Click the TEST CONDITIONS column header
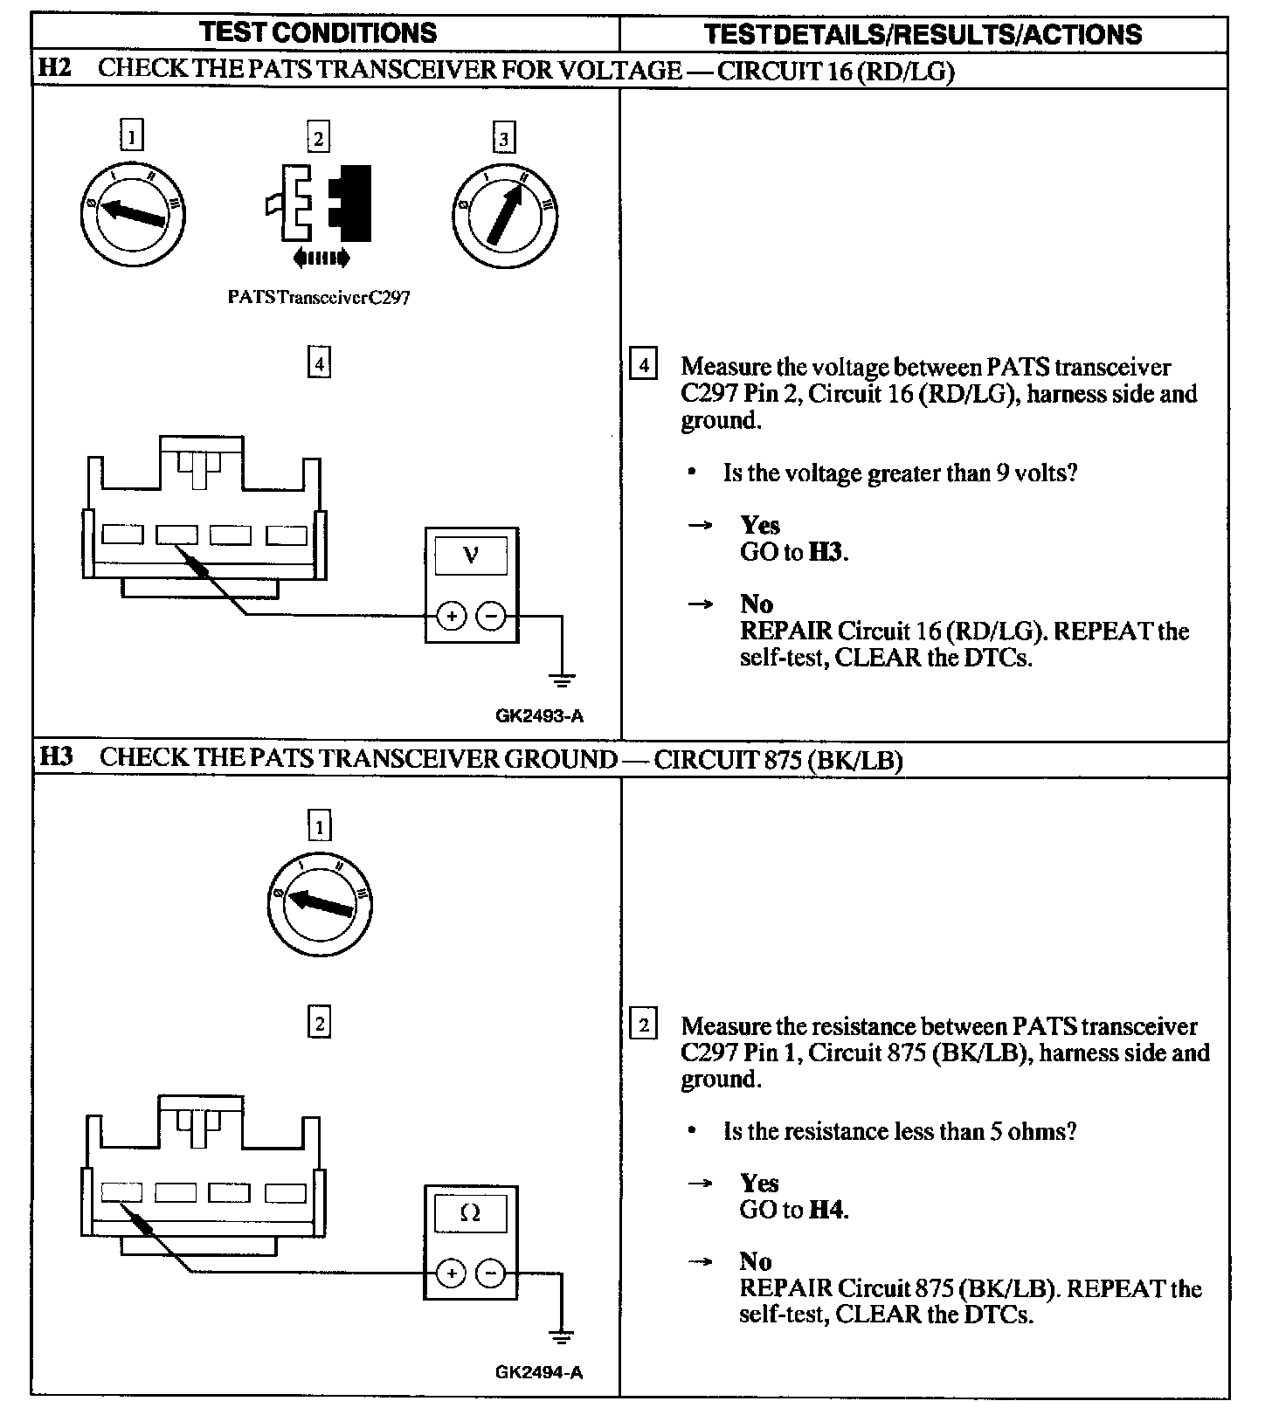tap(318, 33)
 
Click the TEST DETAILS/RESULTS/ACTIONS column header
tap(923, 34)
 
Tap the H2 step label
tap(55, 68)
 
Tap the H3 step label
tap(57, 756)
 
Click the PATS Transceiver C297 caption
tap(318, 297)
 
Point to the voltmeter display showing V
tap(471, 556)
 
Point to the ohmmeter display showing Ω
tap(470, 1213)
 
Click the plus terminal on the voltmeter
tap(451, 618)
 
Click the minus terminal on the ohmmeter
tap(490, 1274)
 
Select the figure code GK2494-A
tap(539, 1372)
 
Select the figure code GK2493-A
tap(539, 716)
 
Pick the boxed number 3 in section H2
tap(503, 138)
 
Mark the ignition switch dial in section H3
tap(319, 903)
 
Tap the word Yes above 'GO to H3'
tap(760, 525)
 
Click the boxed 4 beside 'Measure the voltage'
tap(643, 364)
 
